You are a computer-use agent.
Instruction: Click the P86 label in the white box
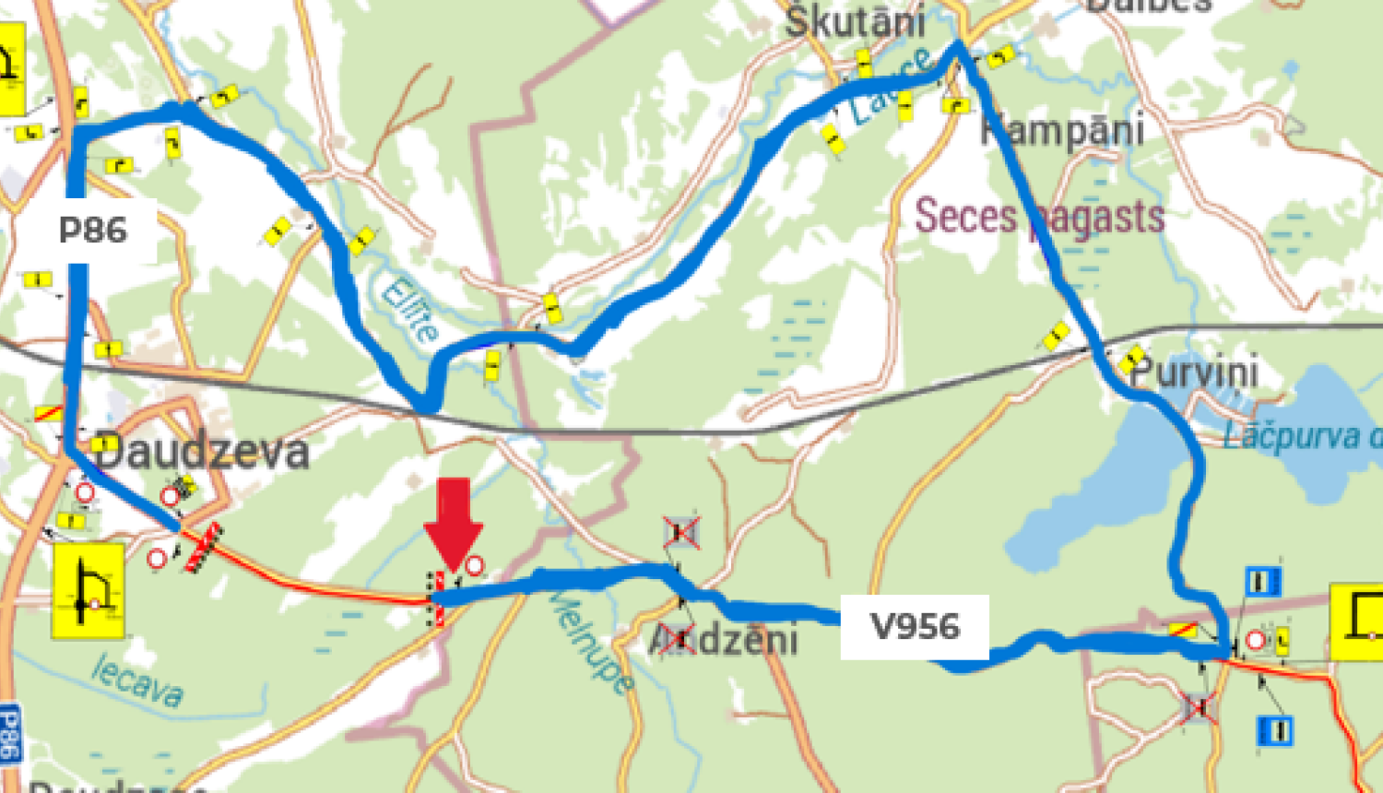pyautogui.click(x=93, y=230)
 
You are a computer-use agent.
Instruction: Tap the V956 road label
pyautogui.click(x=915, y=627)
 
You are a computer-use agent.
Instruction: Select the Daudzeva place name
pyautogui.click(x=201, y=452)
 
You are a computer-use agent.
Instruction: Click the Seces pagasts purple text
pyautogui.click(x=1039, y=218)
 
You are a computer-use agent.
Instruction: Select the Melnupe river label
pyautogui.click(x=595, y=642)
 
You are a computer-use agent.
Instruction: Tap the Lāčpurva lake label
pyautogui.click(x=1300, y=436)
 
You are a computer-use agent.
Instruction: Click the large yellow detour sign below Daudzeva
pyautogui.click(x=89, y=591)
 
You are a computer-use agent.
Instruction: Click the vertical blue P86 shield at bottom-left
pyautogui.click(x=9, y=734)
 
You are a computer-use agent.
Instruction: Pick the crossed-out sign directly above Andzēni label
pyautogui.click(x=680, y=532)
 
